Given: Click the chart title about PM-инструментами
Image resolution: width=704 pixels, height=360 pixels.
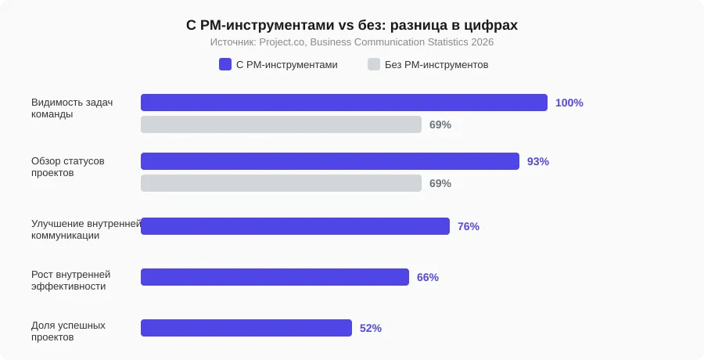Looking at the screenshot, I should (x=352, y=25).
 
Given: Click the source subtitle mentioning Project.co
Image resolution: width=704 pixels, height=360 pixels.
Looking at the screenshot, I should (x=352, y=42).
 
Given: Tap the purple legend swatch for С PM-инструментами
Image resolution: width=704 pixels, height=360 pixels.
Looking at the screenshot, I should (x=225, y=65).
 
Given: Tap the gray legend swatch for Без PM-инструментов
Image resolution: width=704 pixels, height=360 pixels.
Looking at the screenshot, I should (x=374, y=65).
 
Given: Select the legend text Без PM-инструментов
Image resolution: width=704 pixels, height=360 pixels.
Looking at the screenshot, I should (x=436, y=65).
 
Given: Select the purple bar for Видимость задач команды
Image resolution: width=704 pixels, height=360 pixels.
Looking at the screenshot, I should (x=343, y=103).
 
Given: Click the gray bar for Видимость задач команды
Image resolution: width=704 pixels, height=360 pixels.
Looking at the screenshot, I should (x=281, y=124).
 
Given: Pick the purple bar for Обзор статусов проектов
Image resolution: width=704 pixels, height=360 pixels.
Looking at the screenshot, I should (x=329, y=161).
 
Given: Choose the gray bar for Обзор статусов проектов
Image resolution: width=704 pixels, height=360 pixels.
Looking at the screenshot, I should (x=281, y=183).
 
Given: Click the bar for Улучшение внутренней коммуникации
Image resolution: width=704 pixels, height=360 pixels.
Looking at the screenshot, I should (x=295, y=226).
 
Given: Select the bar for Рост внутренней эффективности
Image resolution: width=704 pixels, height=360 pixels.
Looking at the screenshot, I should (x=275, y=277).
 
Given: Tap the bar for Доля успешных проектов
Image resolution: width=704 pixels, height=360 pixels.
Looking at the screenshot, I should (x=246, y=328).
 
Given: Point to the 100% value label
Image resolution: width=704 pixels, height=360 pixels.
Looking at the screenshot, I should (x=569, y=103).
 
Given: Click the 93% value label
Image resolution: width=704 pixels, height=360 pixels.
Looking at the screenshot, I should (x=538, y=161).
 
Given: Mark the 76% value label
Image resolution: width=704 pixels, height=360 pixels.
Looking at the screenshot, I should (x=468, y=226).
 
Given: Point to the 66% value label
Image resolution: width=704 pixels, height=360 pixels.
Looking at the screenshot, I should (x=427, y=277).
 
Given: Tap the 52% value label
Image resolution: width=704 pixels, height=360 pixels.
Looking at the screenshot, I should (x=370, y=328).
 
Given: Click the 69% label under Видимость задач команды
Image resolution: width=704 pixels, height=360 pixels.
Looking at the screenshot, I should (x=440, y=124).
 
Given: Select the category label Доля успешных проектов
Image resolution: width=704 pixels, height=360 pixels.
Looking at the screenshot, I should (x=68, y=331).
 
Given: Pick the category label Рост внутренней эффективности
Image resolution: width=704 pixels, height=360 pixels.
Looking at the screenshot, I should (x=70, y=280).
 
